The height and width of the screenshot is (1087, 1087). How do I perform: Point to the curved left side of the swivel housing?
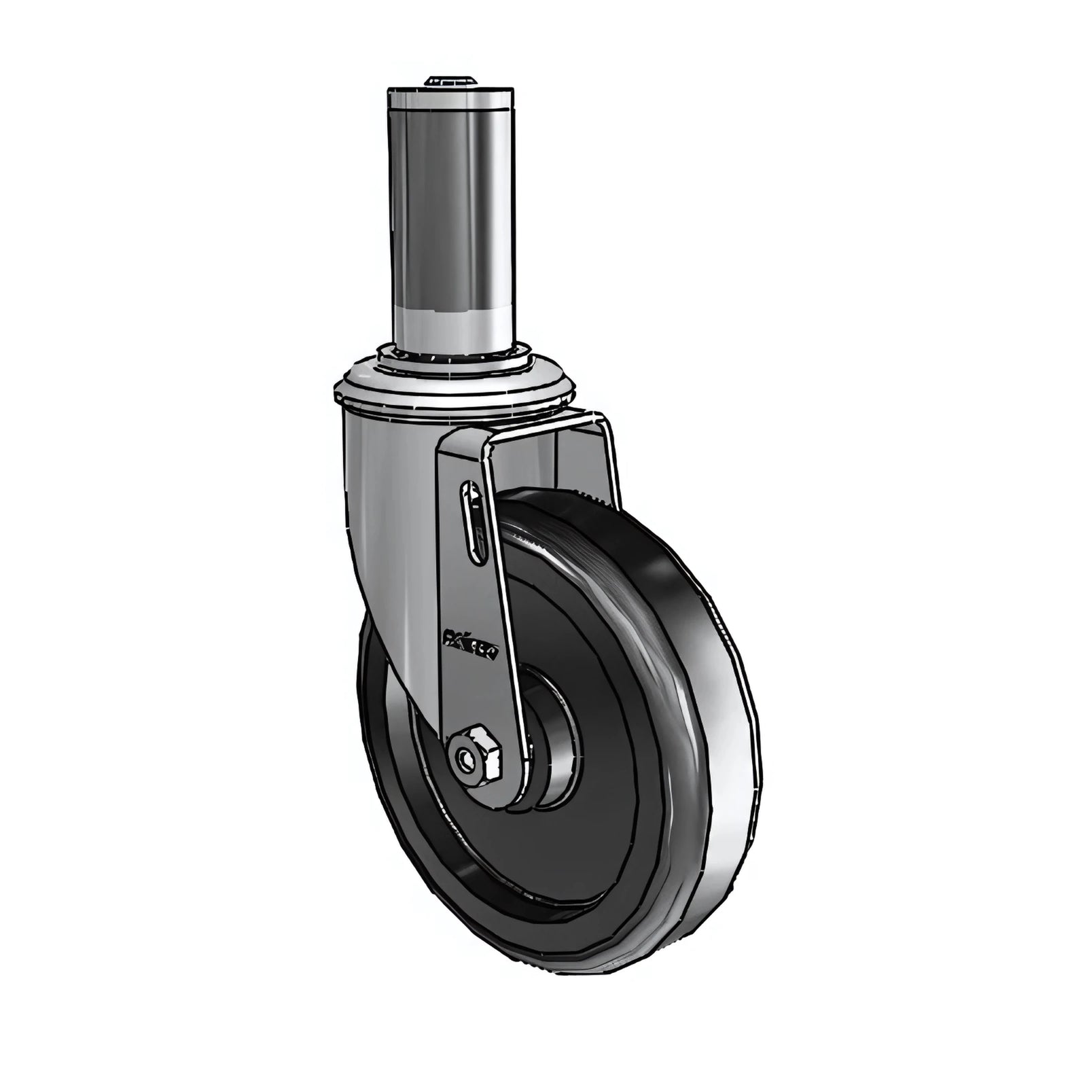coord(370,516)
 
